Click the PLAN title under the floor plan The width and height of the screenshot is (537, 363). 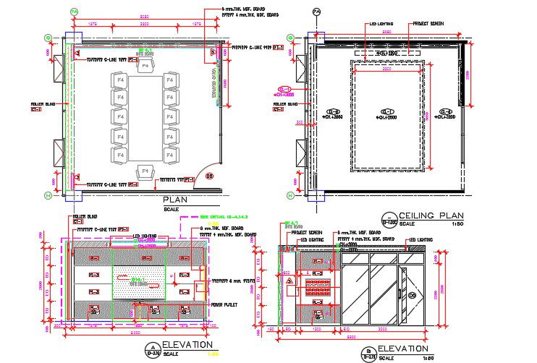[177, 200]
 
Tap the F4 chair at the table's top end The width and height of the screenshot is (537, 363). [145, 67]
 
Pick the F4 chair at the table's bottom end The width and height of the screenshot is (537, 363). [145, 171]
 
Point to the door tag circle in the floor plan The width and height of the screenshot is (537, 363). [210, 176]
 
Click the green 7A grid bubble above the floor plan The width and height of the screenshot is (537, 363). [75, 12]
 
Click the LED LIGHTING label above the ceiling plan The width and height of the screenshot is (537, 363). [381, 24]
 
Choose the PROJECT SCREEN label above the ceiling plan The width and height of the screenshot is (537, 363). [428, 24]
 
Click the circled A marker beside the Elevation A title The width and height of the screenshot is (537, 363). [153, 350]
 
